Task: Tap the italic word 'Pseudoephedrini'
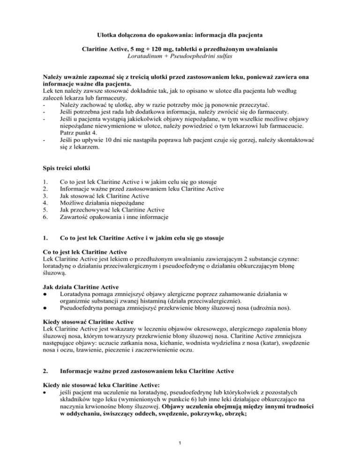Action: pyautogui.click(x=197, y=56)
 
